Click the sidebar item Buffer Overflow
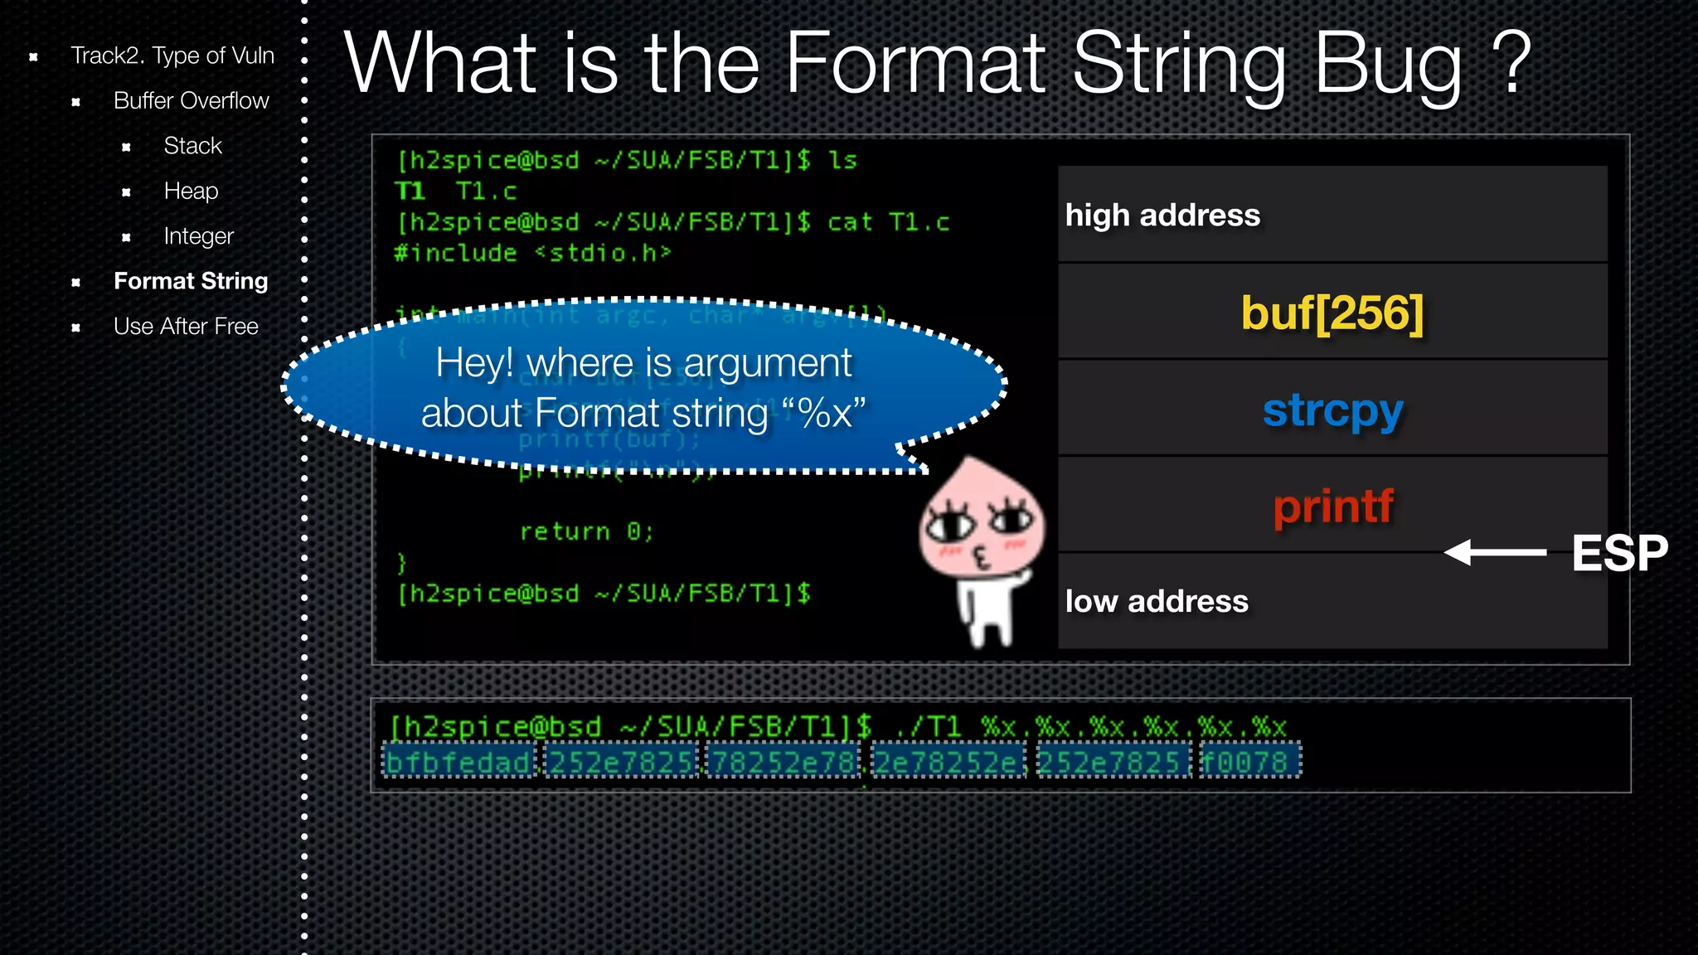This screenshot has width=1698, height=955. click(191, 101)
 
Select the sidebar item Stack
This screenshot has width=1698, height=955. click(192, 146)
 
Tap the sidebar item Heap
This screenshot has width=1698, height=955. click(191, 191)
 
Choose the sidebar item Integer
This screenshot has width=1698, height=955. click(198, 236)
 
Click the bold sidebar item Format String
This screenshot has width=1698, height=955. click(191, 282)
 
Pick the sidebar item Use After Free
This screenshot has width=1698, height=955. click(186, 327)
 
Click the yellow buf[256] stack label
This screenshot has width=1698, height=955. click(1332, 313)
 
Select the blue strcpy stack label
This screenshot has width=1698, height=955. click(1332, 410)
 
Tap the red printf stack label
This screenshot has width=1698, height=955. click(1333, 507)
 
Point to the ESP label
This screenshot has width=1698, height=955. click(1619, 553)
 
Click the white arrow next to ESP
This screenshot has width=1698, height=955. click(1495, 552)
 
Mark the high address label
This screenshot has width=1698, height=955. click(1162, 216)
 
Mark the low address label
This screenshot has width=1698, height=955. click(1157, 602)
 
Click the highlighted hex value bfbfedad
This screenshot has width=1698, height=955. click(458, 762)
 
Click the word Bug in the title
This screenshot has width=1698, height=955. click(1389, 65)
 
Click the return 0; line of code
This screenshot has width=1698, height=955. click(586, 531)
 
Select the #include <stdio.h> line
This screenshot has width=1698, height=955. click(532, 253)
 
